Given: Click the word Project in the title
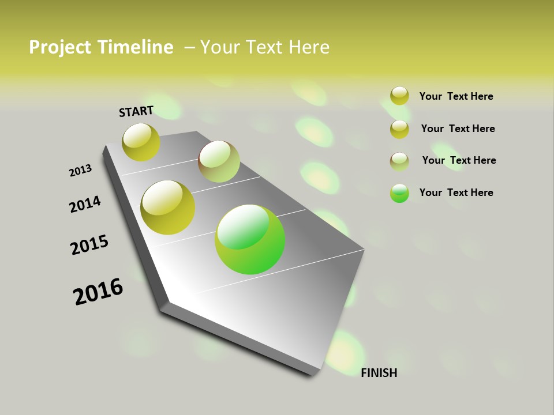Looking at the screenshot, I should point(56,47).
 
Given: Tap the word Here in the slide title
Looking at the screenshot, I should point(309,47).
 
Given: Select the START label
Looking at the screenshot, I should point(136,111).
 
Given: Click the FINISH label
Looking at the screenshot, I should point(379,373).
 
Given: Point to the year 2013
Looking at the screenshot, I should point(81,171).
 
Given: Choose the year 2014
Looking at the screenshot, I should point(85,204).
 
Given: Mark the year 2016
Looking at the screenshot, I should point(98,292).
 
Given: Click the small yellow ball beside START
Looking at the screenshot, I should point(141,142).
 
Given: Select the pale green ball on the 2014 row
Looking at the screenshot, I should point(219,161).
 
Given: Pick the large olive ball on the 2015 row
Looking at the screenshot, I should point(168,207).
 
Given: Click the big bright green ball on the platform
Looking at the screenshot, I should point(250,239).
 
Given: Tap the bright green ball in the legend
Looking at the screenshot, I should point(399,193).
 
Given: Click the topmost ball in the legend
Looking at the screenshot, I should point(399,96).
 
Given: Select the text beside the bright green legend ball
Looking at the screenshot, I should point(456,193).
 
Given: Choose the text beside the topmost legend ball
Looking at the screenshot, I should point(456,96).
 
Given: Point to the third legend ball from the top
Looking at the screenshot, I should point(399,161).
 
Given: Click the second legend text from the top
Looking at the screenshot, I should point(458,129).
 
